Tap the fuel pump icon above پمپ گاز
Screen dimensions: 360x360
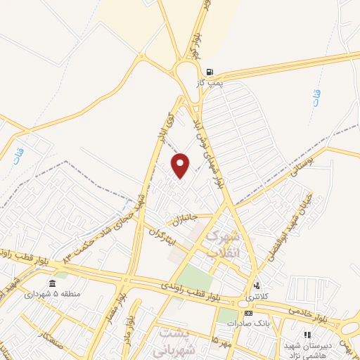209,72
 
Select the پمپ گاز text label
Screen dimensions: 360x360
210,83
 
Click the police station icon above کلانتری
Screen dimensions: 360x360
257,286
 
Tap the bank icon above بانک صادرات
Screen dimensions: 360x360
247,312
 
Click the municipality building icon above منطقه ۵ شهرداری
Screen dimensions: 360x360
52,284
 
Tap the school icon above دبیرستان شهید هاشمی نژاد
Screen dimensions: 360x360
307,335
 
